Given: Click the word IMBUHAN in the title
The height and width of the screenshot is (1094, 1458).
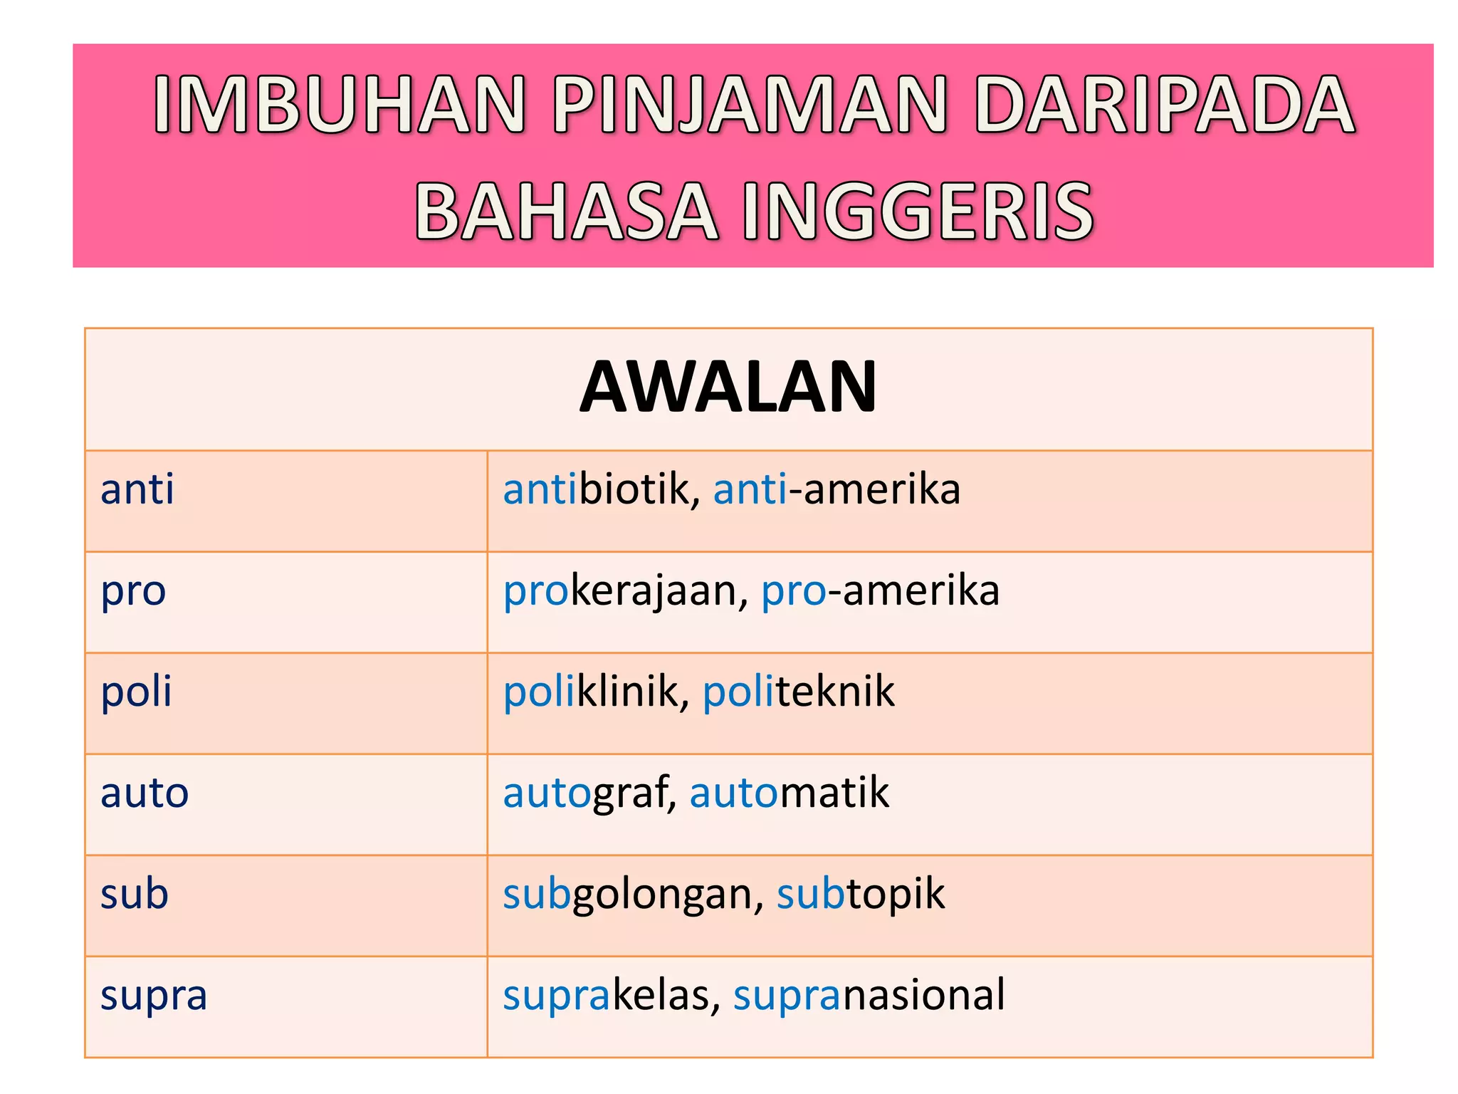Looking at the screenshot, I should point(340,105).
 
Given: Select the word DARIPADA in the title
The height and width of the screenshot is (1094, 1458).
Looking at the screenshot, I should point(1165,105).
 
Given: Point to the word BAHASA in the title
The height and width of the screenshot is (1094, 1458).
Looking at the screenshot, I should point(566,212).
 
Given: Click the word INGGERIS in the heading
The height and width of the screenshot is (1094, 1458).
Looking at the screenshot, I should point(918,212).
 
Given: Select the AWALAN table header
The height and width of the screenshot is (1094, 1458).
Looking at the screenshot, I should point(728,387).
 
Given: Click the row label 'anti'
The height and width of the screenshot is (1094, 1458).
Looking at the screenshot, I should point(137,490).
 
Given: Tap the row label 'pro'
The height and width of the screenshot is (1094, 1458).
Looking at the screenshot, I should point(133,591).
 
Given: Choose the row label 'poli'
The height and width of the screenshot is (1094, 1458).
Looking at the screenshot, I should point(137,692).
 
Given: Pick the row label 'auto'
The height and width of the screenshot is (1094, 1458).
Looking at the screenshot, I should point(145,793).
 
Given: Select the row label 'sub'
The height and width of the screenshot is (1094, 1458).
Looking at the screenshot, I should point(135,894).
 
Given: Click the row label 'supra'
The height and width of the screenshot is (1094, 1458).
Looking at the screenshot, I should point(154,996).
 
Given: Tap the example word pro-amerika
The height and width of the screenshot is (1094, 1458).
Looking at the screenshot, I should point(881,591).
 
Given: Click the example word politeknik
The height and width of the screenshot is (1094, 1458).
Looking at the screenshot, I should point(799,692).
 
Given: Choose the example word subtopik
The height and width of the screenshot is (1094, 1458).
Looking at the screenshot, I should point(861,894).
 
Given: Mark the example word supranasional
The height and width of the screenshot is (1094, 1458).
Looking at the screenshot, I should point(869,995).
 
